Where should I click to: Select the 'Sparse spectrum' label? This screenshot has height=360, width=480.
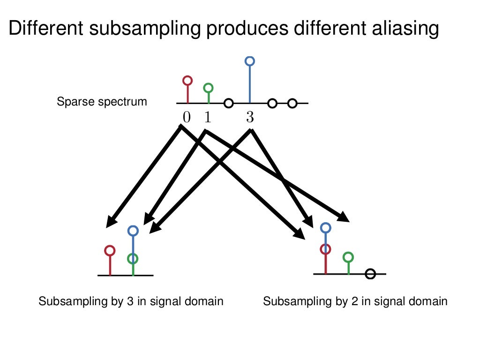click(x=102, y=102)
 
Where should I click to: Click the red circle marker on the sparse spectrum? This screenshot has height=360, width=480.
click(x=187, y=80)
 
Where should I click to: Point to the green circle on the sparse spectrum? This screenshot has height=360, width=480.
click(x=209, y=88)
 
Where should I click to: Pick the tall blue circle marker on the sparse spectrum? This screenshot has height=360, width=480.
click(x=250, y=60)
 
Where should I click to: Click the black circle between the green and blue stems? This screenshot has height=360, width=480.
click(x=228, y=103)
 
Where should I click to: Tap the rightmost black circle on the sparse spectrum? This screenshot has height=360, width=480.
click(x=292, y=103)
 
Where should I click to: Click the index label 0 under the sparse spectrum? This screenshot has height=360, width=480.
click(x=187, y=117)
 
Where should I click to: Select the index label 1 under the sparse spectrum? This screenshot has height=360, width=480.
click(x=208, y=117)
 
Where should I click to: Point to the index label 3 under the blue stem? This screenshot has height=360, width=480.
click(x=250, y=117)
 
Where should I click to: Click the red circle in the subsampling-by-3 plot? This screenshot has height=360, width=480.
click(x=110, y=250)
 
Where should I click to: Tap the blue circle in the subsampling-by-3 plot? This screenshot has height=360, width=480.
click(x=133, y=230)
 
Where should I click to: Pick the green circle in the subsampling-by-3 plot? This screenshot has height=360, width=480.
click(x=133, y=258)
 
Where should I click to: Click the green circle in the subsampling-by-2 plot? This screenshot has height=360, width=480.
click(x=348, y=257)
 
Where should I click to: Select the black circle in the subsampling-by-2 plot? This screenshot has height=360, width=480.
click(x=370, y=274)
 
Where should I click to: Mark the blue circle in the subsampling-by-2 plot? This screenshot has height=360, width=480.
click(x=326, y=228)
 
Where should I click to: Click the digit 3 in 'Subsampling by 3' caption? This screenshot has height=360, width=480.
click(x=130, y=301)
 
